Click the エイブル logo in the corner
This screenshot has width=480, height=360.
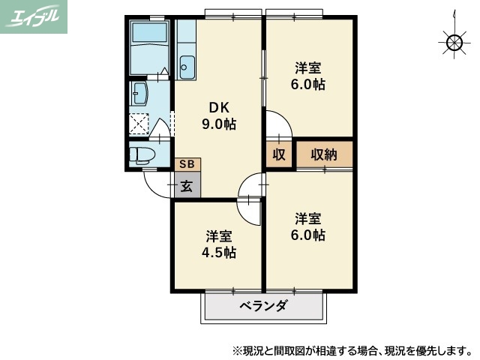pyautogui.click(x=34, y=16)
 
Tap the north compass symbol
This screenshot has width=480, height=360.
pyautogui.click(x=453, y=43)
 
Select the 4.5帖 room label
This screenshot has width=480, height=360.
pyautogui.click(x=218, y=244)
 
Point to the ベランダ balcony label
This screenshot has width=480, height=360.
pyautogui.click(x=263, y=306)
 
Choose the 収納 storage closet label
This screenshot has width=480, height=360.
pyautogui.click(x=323, y=154)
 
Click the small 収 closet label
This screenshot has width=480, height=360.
pyautogui.click(x=278, y=154)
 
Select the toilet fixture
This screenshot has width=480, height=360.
pyautogui.click(x=140, y=155)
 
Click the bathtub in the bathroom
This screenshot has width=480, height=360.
pyautogui.click(x=149, y=47)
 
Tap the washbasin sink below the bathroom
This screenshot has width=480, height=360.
pyautogui.click(x=140, y=94)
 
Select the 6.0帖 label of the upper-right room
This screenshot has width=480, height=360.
pyautogui.click(x=307, y=76)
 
